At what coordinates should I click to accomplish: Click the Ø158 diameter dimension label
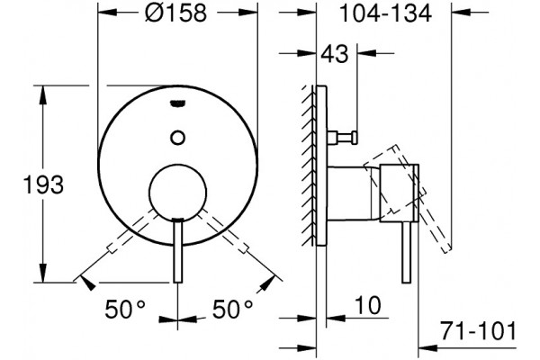[x=176, y=13]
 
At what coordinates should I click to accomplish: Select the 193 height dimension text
[x=43, y=184]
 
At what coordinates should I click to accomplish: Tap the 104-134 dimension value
[x=385, y=13]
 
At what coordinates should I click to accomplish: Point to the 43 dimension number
[x=335, y=54]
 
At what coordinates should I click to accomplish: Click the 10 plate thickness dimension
[x=368, y=306]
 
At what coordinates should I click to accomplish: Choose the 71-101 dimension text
[x=479, y=331]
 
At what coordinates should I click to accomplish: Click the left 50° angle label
[x=125, y=310]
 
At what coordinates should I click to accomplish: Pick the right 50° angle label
[x=233, y=310]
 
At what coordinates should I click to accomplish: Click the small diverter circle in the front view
[x=177, y=138]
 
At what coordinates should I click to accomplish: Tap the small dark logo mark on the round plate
[x=178, y=103]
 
